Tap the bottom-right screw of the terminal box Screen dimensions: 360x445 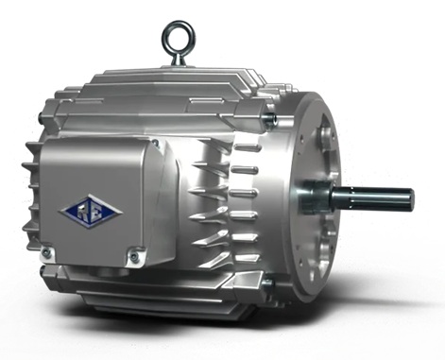[x=134, y=256]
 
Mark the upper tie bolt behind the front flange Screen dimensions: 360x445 [x=270, y=118]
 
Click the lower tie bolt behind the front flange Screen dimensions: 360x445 [x=270, y=280]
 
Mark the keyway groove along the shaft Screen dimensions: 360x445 [x=373, y=194]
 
